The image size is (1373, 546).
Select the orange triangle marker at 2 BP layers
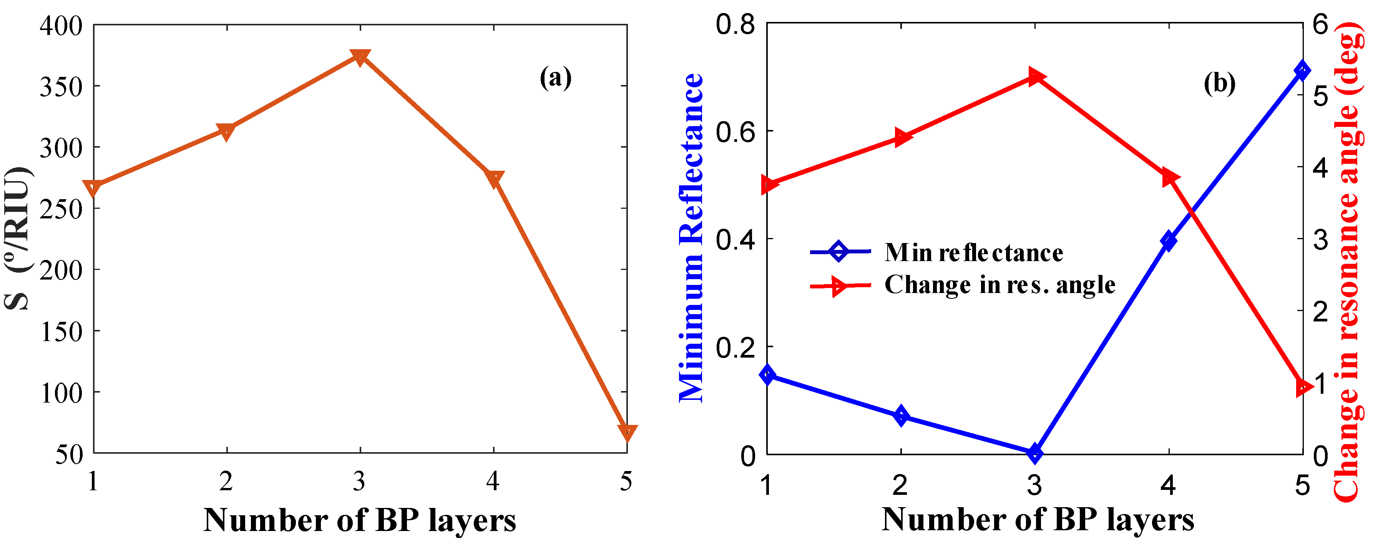pos(226,131)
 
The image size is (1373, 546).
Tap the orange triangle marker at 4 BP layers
pos(493,179)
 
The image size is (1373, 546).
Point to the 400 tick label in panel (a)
pos(61,26)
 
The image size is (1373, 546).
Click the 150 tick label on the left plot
pos(61,332)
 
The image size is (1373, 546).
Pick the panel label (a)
pos(555,78)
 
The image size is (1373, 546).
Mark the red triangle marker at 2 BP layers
pos(901,138)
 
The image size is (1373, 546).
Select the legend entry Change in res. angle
pos(999,285)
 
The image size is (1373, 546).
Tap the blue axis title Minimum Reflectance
pos(691,237)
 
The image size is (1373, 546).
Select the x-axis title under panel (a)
pos(360,520)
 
